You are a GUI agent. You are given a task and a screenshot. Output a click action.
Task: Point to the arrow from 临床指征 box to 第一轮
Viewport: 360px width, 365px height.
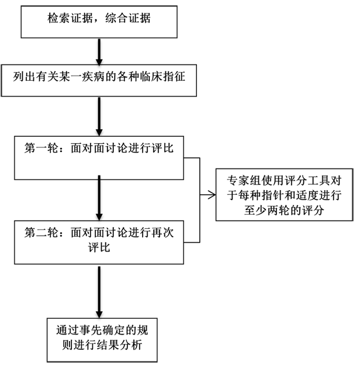pyautogui.click(x=99, y=116)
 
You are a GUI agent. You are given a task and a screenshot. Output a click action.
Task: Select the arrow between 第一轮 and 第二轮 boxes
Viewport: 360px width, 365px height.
pyautogui.click(x=99, y=198)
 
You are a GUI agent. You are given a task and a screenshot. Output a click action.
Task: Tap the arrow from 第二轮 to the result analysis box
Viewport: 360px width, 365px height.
pyautogui.click(x=99, y=292)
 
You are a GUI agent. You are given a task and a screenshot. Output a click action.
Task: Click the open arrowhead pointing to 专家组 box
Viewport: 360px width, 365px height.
pyautogui.click(x=212, y=195)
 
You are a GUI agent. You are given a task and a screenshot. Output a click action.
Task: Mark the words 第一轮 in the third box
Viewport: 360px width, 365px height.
pyautogui.click(x=41, y=148)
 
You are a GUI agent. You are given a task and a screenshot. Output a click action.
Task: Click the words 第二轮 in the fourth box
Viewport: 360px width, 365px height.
pyautogui.click(x=41, y=232)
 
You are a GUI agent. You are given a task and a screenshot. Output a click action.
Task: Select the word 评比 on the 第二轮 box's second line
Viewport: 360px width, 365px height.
pyautogui.click(x=99, y=247)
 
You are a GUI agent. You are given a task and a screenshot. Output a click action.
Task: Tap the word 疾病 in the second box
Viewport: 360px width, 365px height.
pyautogui.click(x=94, y=77)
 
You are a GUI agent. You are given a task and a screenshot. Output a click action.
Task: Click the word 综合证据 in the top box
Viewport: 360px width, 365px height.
pyautogui.click(x=128, y=18)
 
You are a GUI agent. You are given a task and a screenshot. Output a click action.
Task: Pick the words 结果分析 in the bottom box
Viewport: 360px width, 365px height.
pyautogui.click(x=119, y=345)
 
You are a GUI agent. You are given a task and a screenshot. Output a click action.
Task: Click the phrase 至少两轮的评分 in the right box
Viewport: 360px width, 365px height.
pyautogui.click(x=284, y=211)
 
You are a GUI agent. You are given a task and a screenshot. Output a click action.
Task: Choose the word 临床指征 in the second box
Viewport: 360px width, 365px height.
pyautogui.click(x=162, y=77)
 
